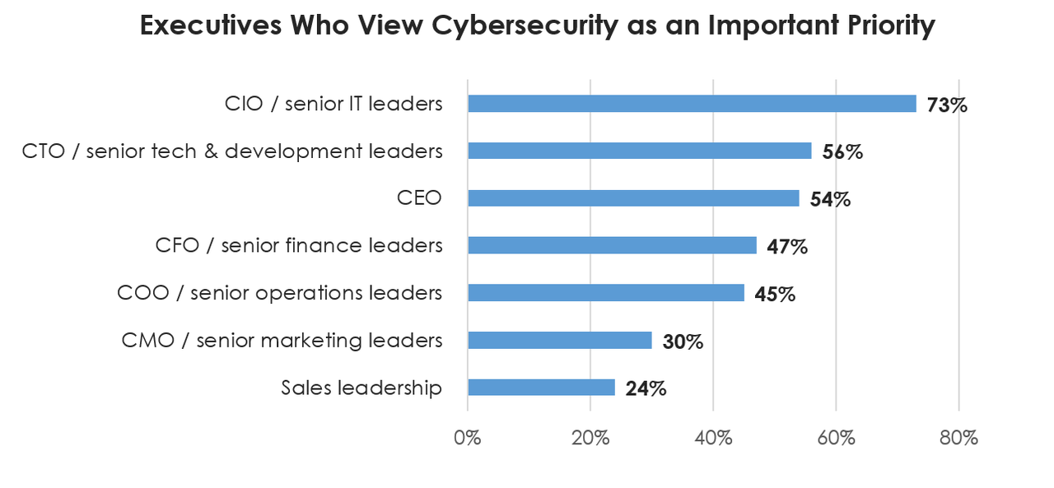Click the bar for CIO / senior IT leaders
(x=692, y=104)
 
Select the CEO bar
(x=633, y=198)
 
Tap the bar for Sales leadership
(x=541, y=388)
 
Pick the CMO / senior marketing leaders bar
(x=560, y=341)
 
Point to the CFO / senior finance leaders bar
(x=612, y=245)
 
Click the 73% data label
(x=946, y=105)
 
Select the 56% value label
(x=842, y=152)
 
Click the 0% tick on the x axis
(x=467, y=437)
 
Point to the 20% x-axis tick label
(x=590, y=437)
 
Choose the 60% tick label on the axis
(x=835, y=437)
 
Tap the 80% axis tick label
(x=958, y=437)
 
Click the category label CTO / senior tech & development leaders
(x=232, y=151)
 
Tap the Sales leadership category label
(x=361, y=388)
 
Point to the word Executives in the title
(x=209, y=26)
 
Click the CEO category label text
(x=421, y=198)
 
